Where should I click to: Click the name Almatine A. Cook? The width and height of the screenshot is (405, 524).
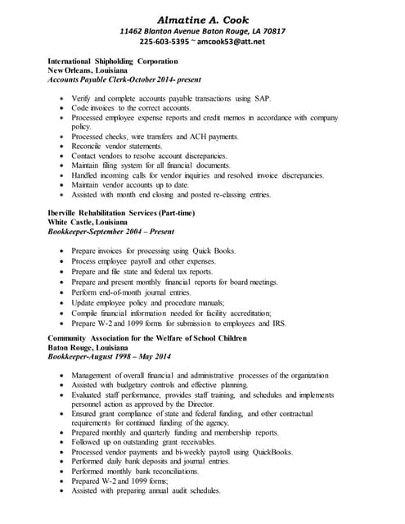[202, 18]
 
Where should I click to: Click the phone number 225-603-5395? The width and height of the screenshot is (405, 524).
[164, 42]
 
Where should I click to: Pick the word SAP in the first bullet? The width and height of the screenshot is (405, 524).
[261, 98]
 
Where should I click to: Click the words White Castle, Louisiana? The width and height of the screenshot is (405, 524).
[88, 223]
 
